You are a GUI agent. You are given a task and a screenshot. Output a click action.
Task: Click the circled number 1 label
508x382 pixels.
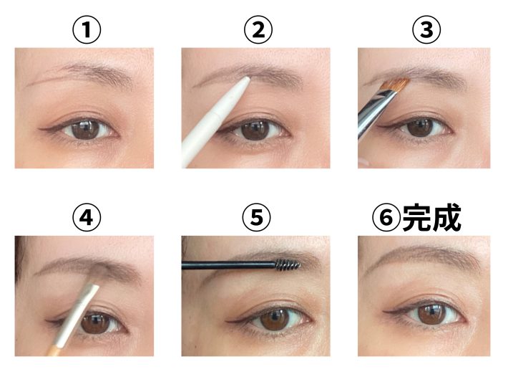[x=87, y=30]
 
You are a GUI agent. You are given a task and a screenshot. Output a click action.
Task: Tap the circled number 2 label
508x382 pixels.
[x=258, y=30]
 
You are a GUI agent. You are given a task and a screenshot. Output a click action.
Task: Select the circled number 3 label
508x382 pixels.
[x=426, y=30]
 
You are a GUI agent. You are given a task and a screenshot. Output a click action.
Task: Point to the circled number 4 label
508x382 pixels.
[x=87, y=217]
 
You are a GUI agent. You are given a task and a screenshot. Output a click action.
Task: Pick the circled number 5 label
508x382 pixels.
[x=256, y=217]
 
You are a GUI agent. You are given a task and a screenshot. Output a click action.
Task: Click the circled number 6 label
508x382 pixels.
[x=386, y=217]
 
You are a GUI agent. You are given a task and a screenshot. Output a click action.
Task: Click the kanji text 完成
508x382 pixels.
[x=431, y=217]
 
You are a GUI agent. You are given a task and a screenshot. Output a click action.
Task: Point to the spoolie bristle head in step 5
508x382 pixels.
[x=288, y=264]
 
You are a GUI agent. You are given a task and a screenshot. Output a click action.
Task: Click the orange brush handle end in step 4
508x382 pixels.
[x=56, y=350]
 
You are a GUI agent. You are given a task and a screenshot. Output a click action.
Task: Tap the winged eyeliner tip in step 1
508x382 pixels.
[x=39, y=129]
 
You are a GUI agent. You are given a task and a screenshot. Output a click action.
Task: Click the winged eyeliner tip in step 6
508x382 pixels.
[x=384, y=312]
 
